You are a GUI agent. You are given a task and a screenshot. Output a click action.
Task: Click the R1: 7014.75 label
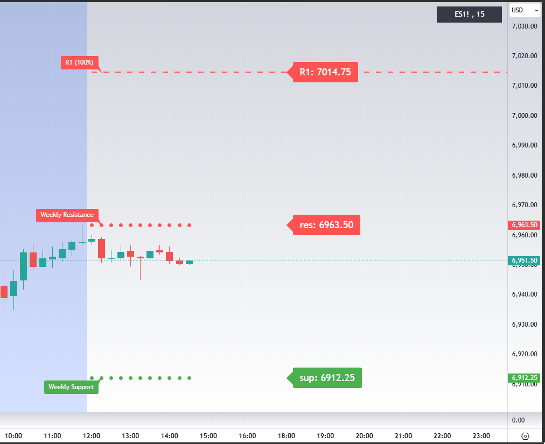[x=325, y=72]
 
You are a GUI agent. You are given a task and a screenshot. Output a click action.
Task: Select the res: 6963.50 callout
[x=326, y=225]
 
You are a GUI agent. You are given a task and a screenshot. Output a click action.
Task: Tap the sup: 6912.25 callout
[x=327, y=378]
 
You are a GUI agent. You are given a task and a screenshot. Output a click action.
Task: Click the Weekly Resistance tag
[x=67, y=215]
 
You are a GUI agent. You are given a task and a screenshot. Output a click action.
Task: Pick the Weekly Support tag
[x=71, y=387]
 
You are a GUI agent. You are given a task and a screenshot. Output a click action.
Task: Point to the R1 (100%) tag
[x=79, y=62]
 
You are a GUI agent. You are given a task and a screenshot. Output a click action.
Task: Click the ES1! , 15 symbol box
[x=469, y=15]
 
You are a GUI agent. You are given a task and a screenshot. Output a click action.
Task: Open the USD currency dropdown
[x=525, y=10]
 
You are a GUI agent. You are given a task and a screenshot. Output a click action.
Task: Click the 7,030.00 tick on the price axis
[x=525, y=26]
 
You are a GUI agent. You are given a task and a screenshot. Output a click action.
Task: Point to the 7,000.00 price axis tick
[x=525, y=115]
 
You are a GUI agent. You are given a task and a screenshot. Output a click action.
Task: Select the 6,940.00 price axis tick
[x=525, y=294]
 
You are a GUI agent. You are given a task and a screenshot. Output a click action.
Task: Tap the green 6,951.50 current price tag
[x=525, y=261]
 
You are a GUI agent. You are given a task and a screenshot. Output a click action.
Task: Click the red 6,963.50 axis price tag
[x=525, y=225]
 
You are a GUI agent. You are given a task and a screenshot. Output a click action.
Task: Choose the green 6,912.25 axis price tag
[x=525, y=378]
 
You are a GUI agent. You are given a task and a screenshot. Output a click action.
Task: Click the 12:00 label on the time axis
[x=92, y=436]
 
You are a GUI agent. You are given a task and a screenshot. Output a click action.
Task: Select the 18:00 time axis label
[x=287, y=436]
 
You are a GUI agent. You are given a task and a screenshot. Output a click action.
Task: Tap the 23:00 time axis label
[x=481, y=436]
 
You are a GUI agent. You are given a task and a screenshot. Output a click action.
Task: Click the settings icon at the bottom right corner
[x=526, y=436]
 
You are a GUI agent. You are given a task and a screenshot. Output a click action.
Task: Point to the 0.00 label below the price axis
[x=518, y=420]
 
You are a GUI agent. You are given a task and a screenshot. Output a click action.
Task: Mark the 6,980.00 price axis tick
[x=525, y=175]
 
